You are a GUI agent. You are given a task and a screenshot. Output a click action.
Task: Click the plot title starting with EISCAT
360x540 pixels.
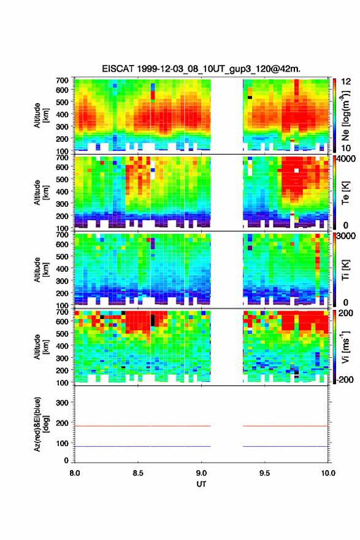tap(201, 69)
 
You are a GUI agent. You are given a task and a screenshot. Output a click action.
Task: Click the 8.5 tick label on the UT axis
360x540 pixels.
tap(137, 473)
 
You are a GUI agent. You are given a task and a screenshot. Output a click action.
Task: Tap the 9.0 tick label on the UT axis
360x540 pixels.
tap(201, 473)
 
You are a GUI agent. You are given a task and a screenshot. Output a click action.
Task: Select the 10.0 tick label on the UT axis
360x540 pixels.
tap(328, 473)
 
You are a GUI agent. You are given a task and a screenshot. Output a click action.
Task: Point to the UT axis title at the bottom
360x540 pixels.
tap(201, 484)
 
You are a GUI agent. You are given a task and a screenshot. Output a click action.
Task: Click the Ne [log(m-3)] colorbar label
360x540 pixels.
tap(345, 115)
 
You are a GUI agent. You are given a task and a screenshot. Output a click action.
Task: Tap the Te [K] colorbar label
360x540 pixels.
tap(345, 193)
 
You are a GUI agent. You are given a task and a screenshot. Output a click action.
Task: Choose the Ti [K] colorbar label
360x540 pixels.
tap(345, 269)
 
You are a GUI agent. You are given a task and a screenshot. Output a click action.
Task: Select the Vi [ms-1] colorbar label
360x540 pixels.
tap(345, 347)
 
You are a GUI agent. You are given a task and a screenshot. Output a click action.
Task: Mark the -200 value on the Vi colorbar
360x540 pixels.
tap(344, 379)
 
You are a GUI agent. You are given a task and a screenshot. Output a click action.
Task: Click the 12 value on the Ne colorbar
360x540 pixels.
tap(347, 82)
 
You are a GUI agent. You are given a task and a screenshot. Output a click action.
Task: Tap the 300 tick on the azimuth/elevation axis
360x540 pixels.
tap(62, 403)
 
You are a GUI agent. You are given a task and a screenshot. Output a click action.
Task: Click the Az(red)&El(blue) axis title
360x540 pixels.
tap(40, 424)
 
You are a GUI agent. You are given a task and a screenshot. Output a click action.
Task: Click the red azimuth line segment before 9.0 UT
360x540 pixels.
tap(143, 426)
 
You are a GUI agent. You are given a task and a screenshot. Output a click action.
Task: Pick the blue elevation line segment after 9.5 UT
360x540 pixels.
tap(286, 446)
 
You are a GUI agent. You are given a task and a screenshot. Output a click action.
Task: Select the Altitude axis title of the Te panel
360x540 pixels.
tap(40, 193)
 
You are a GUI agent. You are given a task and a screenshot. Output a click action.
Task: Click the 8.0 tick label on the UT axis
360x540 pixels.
tap(75, 473)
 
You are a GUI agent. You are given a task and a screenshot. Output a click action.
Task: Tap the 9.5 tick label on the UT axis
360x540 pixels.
tap(264, 473)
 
